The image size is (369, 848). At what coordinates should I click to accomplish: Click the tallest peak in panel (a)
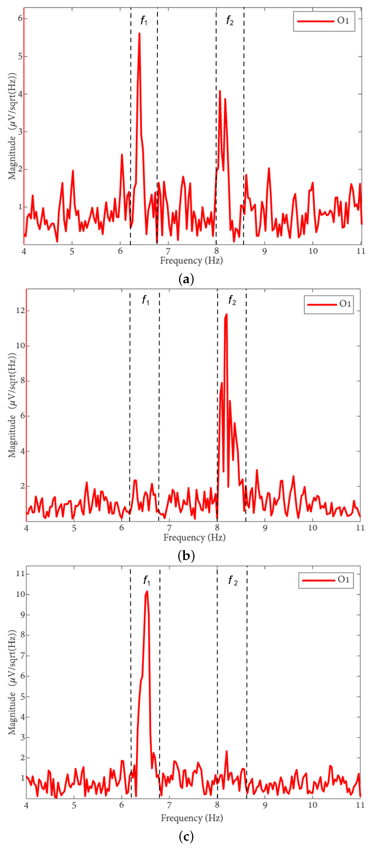coord(139,34)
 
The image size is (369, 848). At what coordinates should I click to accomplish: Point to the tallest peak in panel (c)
coord(147,592)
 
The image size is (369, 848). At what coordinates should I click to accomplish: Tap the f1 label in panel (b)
coord(145,300)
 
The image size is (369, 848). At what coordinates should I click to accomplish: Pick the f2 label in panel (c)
coord(233,580)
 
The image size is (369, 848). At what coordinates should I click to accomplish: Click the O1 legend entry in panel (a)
coord(324,21)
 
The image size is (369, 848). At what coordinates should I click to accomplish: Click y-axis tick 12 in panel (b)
coord(20,311)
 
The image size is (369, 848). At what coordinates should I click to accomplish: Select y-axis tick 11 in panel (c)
coord(20,573)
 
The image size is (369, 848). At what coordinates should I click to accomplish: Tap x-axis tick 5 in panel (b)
coord(74,528)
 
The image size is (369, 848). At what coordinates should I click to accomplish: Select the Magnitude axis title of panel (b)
coord(12,405)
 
